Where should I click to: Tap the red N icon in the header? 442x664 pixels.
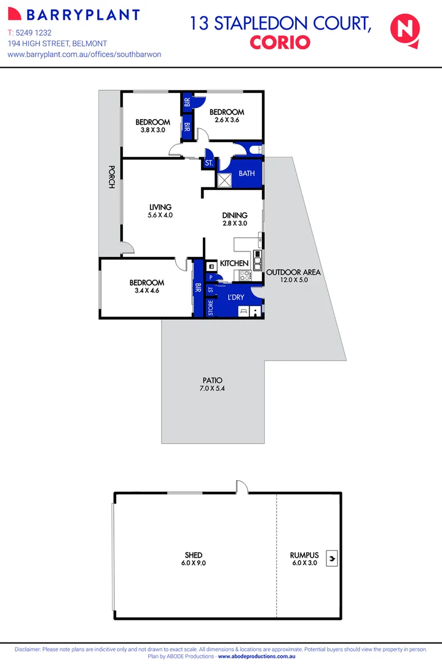coord(405,30)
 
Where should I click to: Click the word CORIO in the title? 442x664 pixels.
coord(280,42)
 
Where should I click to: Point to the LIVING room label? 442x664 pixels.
coord(160,207)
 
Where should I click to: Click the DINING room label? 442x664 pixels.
coord(235,215)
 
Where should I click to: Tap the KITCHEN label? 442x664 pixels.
coord(234,263)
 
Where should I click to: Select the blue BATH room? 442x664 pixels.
coord(247,173)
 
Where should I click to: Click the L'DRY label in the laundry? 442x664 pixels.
coord(235,297)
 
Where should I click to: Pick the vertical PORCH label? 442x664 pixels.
coord(111,176)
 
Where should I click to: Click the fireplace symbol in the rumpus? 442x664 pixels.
coord(332,558)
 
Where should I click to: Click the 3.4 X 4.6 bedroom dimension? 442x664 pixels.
coord(147,291)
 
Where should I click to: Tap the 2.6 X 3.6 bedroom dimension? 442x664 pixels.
coord(227,121)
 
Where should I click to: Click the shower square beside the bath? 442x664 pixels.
coord(224,179)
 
